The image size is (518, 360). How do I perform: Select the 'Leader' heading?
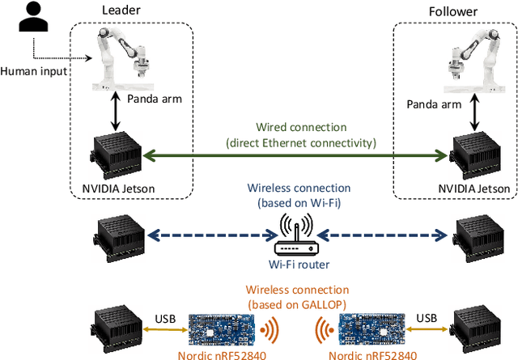[122, 10]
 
